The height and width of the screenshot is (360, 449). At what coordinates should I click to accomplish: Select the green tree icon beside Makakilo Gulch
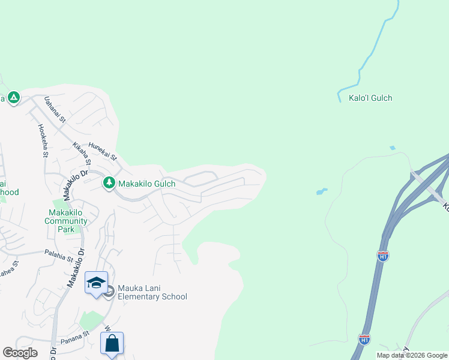point(109,182)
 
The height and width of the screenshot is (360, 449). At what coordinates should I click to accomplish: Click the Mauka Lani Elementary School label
point(152,292)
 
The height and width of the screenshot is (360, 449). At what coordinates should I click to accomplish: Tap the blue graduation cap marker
point(96,283)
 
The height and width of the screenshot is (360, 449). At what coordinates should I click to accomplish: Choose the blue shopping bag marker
point(112,344)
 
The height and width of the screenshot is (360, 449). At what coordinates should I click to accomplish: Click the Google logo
point(20,353)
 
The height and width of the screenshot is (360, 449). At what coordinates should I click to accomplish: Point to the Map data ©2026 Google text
point(412,355)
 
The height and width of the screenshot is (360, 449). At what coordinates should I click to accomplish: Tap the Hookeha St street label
point(43,140)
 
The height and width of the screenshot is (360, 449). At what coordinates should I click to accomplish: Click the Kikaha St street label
point(82,154)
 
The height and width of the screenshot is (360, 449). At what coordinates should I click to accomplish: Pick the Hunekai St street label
point(102,150)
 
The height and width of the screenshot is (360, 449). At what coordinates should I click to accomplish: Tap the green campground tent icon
point(13,97)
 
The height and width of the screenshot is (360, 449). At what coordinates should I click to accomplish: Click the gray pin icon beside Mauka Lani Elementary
point(108,292)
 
